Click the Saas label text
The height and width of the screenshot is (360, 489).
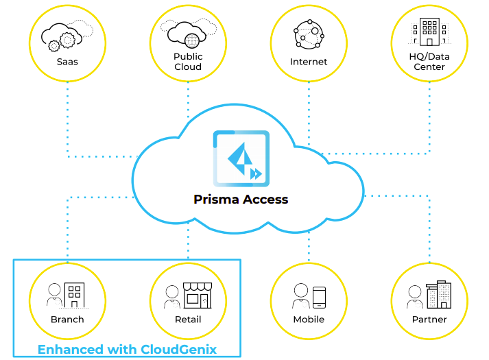67,62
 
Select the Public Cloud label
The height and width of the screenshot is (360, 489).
188,62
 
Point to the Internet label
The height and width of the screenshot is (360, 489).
309,62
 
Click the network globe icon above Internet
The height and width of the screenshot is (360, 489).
308,34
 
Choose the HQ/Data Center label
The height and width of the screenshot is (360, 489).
429,62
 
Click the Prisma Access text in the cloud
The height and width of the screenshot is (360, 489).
241,200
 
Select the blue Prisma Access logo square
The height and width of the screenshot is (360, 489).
241,158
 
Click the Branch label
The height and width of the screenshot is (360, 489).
67,320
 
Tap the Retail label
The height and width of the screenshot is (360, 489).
188,320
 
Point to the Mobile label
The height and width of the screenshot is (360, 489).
309,320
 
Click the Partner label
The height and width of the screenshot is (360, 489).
429,320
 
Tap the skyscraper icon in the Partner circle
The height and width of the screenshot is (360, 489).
439,293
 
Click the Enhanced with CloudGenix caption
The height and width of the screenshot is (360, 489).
127,350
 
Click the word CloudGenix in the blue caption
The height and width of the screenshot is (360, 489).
178,350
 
